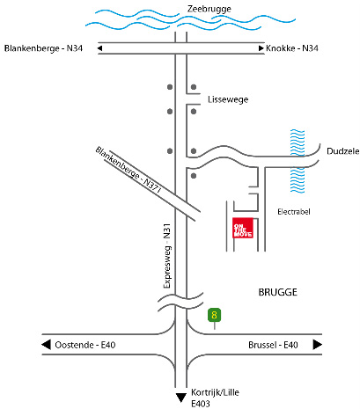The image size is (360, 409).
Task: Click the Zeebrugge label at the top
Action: (x=209, y=9)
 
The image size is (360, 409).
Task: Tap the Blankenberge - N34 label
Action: (x=43, y=48)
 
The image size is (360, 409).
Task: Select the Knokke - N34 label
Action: (x=292, y=48)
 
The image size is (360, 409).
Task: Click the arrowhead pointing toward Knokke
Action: (x=261, y=48)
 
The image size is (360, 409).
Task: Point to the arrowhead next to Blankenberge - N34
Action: (x=100, y=48)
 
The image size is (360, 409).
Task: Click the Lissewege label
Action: (x=228, y=99)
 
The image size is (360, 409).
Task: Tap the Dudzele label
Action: (x=342, y=151)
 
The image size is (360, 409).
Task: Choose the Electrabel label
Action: (x=294, y=212)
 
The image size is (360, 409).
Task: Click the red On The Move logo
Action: (x=243, y=228)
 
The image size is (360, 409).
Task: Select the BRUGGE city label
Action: (x=277, y=292)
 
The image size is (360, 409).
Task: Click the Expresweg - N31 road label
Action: (x=167, y=256)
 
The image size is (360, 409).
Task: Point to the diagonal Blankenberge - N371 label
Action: (x=129, y=170)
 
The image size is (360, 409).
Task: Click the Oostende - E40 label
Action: (x=85, y=345)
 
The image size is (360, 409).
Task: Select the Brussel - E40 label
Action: (x=273, y=345)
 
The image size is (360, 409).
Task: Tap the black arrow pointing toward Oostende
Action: (x=46, y=345)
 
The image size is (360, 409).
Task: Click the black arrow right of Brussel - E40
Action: (x=318, y=345)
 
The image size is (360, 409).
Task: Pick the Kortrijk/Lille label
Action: (x=215, y=392)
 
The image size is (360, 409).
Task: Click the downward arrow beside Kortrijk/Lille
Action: (x=181, y=398)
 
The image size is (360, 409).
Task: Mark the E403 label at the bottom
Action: (x=201, y=404)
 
